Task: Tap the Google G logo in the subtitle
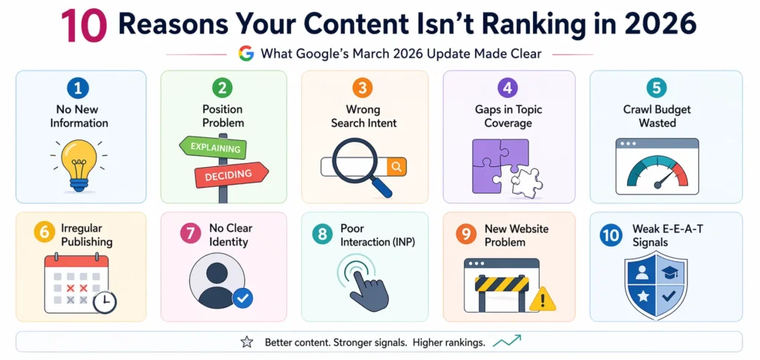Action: [x=246, y=53]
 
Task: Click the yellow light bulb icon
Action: [x=78, y=159]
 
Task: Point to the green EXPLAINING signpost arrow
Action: [x=214, y=148]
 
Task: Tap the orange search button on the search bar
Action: [x=396, y=167]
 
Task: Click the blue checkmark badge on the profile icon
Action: [x=243, y=298]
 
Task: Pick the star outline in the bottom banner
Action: [x=246, y=342]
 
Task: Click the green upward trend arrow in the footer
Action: [x=507, y=341]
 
